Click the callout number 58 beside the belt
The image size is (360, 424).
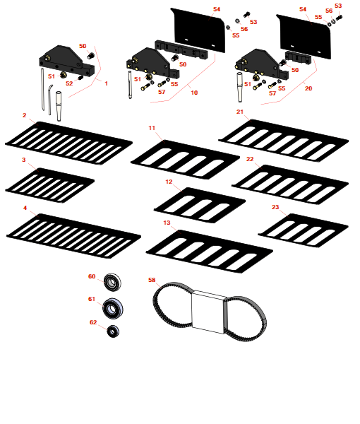click(152, 280)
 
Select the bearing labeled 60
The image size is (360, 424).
click(112, 282)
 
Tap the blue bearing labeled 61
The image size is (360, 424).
click(113, 308)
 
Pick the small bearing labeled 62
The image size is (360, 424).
click(113, 331)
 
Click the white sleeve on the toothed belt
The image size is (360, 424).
click(209, 312)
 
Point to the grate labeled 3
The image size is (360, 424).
click(49, 185)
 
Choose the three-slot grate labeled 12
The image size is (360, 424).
click(200, 205)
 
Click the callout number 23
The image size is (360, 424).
click(275, 207)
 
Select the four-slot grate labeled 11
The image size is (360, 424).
click(185, 160)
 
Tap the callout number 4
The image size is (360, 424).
click(25, 208)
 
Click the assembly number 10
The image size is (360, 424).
click(194, 93)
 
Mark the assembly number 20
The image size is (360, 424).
click(308, 88)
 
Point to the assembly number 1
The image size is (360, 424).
click(106, 83)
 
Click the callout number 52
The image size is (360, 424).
click(69, 83)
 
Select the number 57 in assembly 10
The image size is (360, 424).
click(162, 92)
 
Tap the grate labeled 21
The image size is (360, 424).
click(284, 141)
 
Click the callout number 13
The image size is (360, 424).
click(167, 223)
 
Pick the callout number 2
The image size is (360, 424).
click(24, 115)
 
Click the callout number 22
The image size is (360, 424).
click(250, 159)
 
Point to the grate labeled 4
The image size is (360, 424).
click(73, 236)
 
